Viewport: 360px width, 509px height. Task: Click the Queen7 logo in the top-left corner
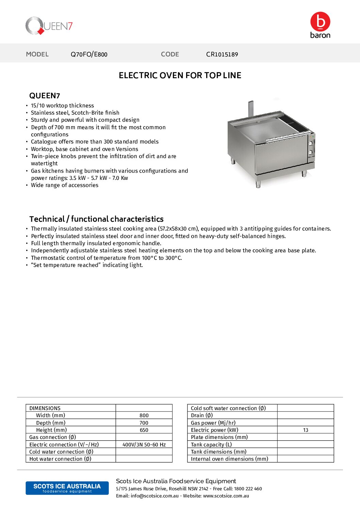[49, 26]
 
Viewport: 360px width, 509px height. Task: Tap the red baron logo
[320, 24]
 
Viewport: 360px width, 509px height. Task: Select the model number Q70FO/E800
[89, 54]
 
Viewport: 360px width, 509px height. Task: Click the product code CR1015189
[222, 54]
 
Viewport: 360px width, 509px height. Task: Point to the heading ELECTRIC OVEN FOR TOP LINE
[180, 75]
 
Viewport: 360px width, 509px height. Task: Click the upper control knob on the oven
[311, 143]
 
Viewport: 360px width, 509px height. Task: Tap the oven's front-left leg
[258, 184]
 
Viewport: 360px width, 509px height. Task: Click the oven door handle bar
[288, 136]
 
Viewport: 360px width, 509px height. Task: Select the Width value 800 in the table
[144, 415]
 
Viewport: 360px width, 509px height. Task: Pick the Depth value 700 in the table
[144, 423]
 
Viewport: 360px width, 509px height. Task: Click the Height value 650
[144, 430]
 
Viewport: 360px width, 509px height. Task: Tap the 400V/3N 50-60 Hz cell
[144, 445]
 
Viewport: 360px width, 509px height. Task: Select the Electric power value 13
[306, 430]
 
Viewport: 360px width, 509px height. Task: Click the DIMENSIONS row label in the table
[45, 408]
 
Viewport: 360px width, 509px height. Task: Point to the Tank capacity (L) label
[211, 445]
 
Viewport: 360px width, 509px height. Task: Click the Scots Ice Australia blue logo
[67, 488]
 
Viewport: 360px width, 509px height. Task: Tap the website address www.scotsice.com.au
[226, 496]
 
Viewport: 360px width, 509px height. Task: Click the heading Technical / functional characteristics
[96, 219]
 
